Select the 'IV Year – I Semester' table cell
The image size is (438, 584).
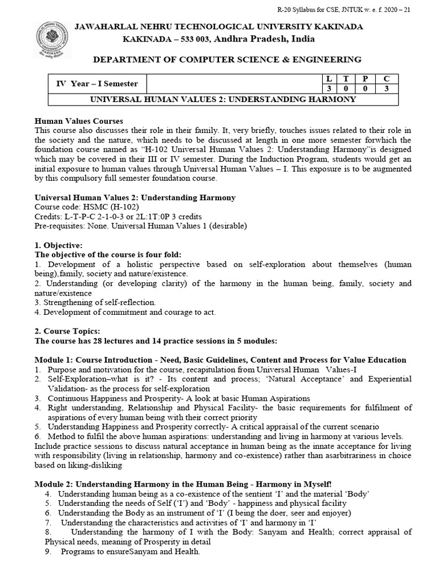coord(97,83)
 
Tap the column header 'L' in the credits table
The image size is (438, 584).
coord(328,78)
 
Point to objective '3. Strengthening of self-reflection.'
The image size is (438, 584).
coord(95,302)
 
